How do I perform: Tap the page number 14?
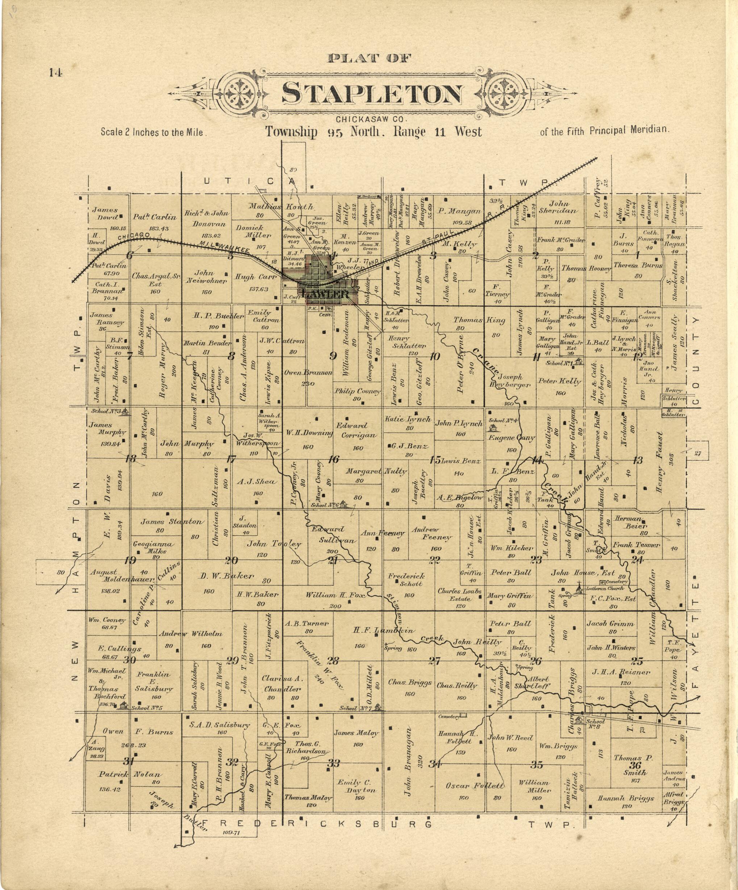tap(55, 73)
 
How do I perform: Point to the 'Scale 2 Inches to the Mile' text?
tap(153, 132)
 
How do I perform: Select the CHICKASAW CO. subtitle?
tap(371, 120)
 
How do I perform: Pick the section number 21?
tap(333, 561)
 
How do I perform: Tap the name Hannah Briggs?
tap(626, 798)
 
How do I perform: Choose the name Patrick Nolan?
tap(130, 774)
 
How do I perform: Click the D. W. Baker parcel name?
tap(226, 576)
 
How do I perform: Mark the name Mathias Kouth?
tap(280, 207)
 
